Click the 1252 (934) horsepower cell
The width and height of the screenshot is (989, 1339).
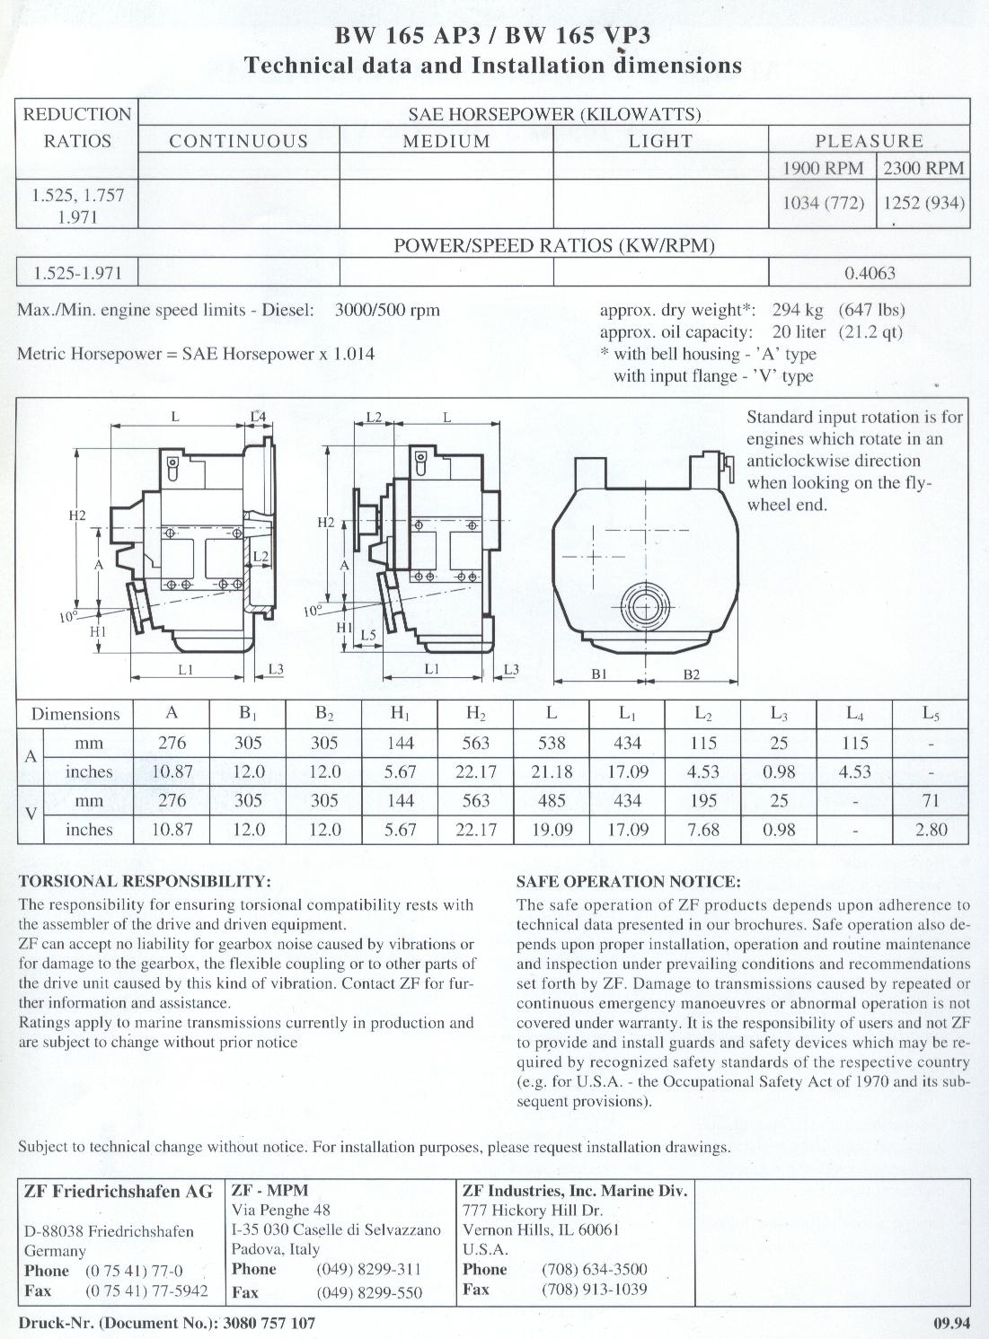(924, 203)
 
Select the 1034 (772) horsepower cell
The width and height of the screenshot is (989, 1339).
(823, 203)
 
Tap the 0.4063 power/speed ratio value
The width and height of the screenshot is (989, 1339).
(870, 273)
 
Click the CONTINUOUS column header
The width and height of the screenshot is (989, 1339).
(239, 141)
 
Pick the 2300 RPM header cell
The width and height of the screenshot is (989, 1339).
(923, 168)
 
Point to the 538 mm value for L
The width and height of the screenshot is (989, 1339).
(552, 743)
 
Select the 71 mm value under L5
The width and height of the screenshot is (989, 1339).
(931, 800)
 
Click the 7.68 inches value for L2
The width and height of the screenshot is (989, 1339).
(703, 830)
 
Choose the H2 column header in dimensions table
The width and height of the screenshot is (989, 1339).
(476, 714)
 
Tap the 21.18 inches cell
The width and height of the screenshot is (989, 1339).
(552, 771)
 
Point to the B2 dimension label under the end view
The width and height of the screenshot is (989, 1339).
(692, 675)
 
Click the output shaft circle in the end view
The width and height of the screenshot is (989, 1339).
(645, 608)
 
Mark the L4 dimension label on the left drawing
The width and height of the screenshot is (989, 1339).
(258, 417)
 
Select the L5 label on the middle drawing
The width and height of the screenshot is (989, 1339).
(367, 636)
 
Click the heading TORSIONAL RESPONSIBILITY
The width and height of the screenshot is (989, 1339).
(145, 882)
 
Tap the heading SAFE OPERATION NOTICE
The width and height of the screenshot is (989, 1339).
(628, 882)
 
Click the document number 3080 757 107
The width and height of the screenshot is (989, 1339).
(269, 1323)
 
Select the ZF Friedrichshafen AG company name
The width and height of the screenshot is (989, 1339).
(119, 1192)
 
